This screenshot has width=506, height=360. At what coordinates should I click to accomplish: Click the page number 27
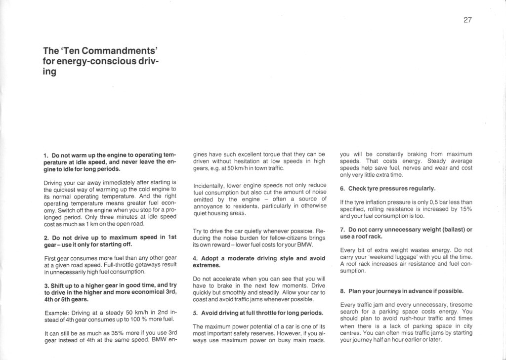(467, 20)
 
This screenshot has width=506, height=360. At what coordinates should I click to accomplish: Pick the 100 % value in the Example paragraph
(140, 320)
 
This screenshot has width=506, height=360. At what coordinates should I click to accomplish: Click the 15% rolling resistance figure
(465, 209)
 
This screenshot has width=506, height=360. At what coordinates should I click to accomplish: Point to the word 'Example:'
(57, 313)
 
